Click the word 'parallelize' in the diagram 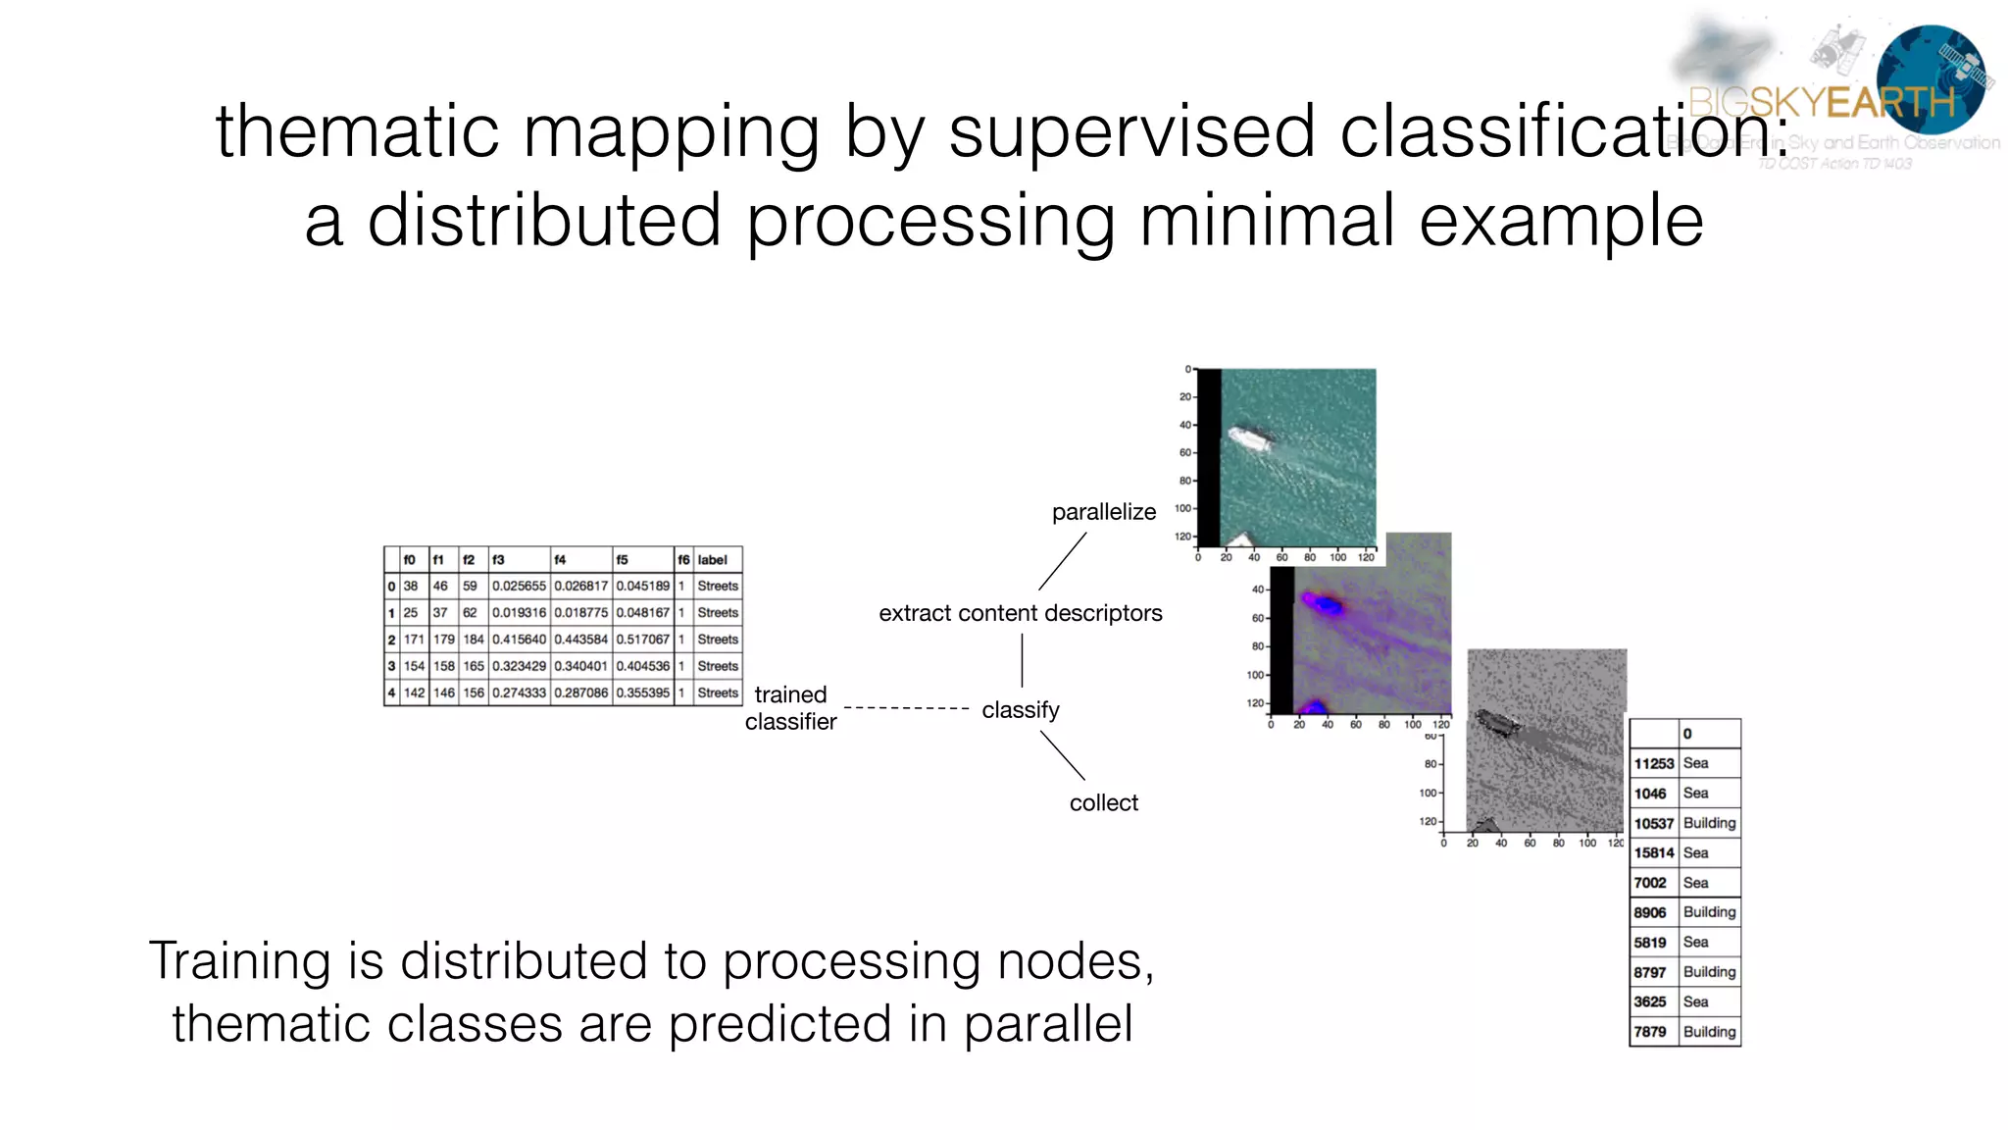pos(1103,512)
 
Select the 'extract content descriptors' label pos(1020,613)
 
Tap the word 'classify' pos(1020,709)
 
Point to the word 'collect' pos(1103,802)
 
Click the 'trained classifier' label pos(790,707)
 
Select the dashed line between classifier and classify pos(906,707)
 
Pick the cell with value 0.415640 pos(519,640)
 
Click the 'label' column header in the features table pos(713,560)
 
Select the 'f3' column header pos(498,560)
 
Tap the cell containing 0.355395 pos(642,693)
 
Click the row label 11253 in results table pos(1653,763)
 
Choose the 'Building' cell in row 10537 pos(1709,823)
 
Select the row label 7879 pos(1650,1032)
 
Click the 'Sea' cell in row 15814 pos(1695,853)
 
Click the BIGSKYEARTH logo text pos(1822,102)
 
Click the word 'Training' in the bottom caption pos(239,961)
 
